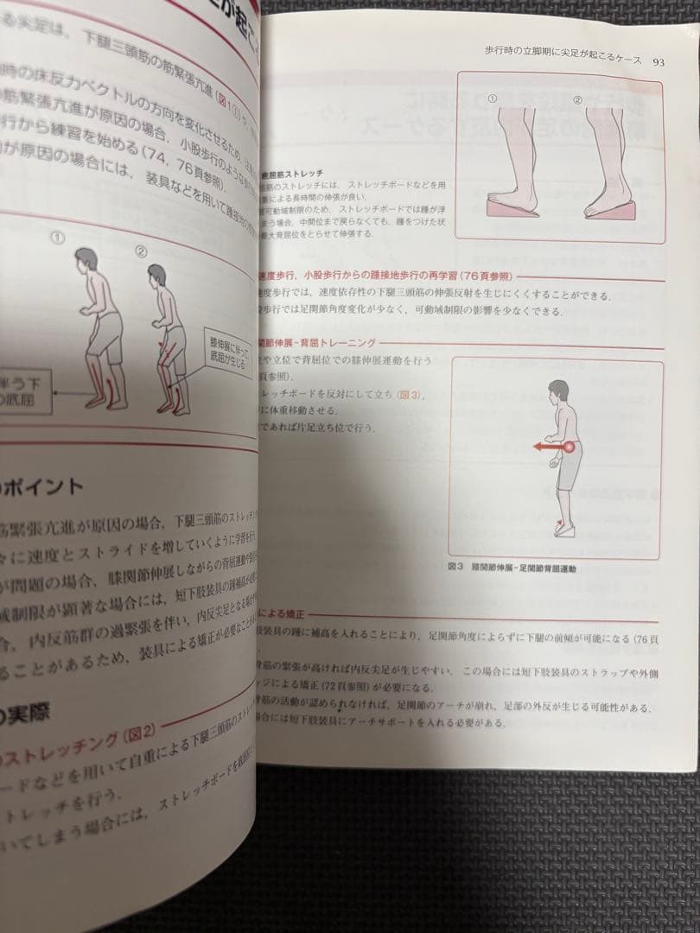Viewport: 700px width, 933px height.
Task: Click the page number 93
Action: pyautogui.click(x=659, y=61)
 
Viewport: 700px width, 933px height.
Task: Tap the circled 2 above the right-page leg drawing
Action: pyautogui.click(x=578, y=100)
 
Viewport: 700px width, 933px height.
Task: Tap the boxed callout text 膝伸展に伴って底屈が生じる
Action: pyautogui.click(x=229, y=348)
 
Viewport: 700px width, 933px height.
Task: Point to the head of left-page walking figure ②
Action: pyautogui.click(x=157, y=276)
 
